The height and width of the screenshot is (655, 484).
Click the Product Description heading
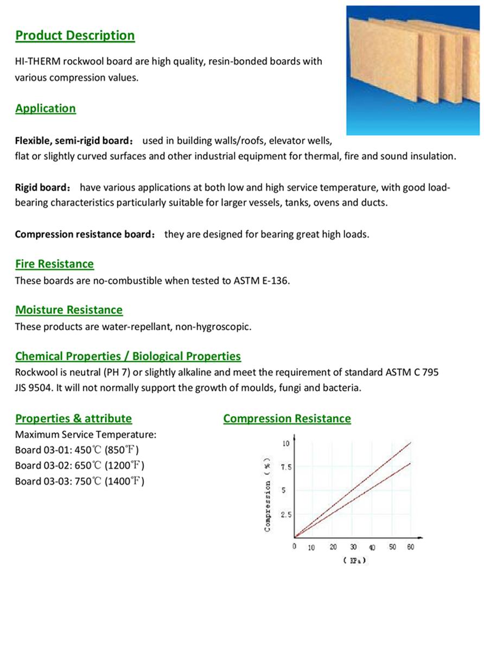pos(75,36)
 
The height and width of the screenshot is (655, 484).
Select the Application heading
pos(46,108)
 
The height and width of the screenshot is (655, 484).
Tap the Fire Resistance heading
pos(54,264)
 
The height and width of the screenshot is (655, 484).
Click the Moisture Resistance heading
pos(69,310)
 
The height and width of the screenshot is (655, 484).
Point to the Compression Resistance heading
pos(287,419)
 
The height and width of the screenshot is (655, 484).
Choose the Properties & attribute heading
pos(73,419)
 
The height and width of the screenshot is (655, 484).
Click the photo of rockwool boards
pos(413,70)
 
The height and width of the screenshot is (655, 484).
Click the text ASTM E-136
pos(262,281)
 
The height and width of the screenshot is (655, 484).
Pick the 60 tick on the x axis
pos(410,547)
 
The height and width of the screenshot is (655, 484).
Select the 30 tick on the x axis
pos(353,547)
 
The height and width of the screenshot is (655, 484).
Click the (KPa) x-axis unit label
pos(355,560)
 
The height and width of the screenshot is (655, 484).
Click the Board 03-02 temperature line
pos(80,465)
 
